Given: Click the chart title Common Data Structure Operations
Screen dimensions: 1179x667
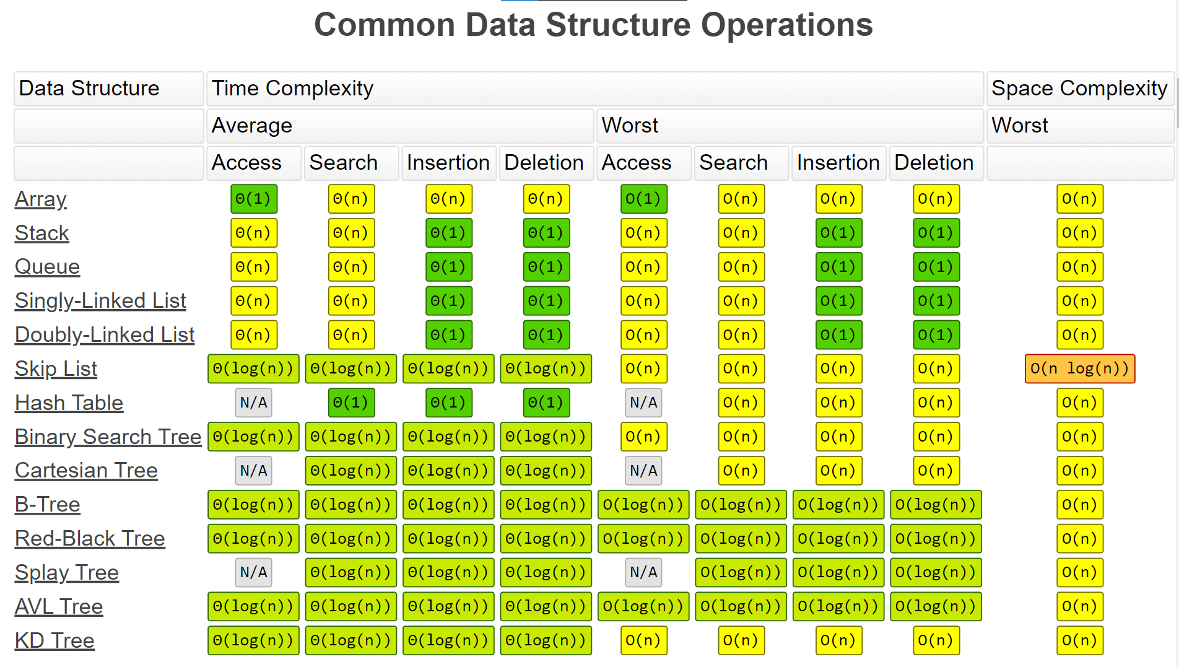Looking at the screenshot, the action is click(593, 25).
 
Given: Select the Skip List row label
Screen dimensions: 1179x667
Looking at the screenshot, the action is click(56, 368).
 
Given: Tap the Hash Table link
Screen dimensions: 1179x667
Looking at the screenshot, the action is click(69, 403).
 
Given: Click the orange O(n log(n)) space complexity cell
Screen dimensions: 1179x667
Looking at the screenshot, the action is click(1080, 368).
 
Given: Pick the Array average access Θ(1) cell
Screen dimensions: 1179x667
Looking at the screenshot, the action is click(253, 199).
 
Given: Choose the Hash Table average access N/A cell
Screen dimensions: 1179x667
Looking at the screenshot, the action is click(253, 403).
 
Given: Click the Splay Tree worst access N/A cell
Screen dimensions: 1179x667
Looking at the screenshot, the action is click(643, 572).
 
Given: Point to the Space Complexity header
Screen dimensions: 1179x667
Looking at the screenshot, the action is click(1079, 88).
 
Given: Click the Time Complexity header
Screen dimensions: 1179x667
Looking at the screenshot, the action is click(292, 88).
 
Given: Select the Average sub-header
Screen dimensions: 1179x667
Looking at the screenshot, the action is click(252, 125).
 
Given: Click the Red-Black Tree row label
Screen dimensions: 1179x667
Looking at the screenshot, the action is click(90, 538).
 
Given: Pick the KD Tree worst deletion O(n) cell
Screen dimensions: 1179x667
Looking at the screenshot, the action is click(936, 640).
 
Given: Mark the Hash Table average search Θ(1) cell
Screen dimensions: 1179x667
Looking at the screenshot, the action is click(351, 403).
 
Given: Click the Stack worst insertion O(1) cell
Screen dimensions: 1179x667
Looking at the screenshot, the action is click(838, 233).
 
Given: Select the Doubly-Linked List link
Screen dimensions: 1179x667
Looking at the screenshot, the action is click(105, 334).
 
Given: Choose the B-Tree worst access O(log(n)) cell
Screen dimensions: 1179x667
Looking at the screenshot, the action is click(643, 505).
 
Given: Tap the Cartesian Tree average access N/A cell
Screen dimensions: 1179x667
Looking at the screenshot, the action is click(253, 471).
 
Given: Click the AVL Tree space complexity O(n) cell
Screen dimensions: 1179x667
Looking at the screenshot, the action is click(1080, 606).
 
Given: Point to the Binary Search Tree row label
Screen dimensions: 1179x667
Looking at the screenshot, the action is click(108, 437).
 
